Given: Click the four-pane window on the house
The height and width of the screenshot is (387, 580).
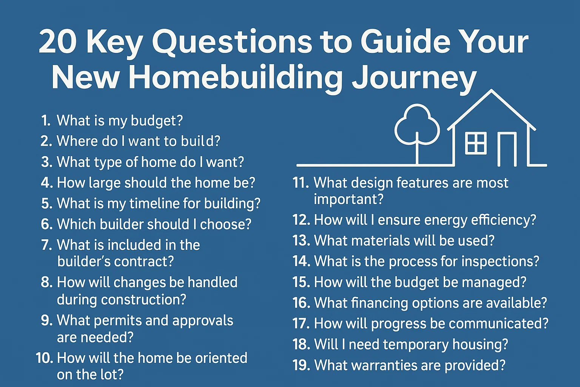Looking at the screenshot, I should pos(476,143).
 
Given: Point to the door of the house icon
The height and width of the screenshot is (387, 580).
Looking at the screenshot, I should pos(507,150).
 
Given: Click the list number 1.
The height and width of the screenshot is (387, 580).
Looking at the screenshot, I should pos(46,121).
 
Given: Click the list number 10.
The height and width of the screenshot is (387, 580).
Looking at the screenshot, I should pos(45,358).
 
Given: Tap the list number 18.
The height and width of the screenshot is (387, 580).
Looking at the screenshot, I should pos(301,344).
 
